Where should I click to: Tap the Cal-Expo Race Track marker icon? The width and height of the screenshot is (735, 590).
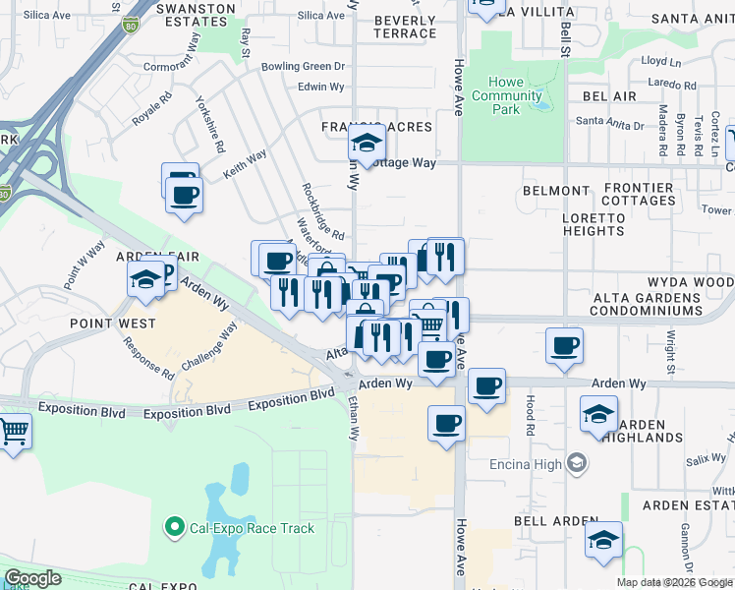pyautogui.click(x=176, y=528)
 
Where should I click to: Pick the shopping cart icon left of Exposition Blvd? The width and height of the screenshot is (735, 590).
pyautogui.click(x=14, y=431)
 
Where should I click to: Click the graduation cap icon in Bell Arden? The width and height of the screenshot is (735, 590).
pyautogui.click(x=603, y=540)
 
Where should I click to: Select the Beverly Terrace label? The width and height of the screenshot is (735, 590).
pyautogui.click(x=403, y=27)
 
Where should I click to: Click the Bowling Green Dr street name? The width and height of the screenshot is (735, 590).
pyautogui.click(x=304, y=67)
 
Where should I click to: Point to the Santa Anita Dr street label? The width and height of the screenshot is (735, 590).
pyautogui.click(x=609, y=124)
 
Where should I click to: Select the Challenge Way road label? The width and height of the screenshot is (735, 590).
pyautogui.click(x=209, y=345)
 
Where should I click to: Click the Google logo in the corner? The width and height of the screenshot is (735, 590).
pyautogui.click(x=32, y=578)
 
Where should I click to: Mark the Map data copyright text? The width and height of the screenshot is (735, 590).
pyautogui.click(x=674, y=582)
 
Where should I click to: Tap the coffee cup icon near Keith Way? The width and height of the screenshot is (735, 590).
pyautogui.click(x=184, y=195)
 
